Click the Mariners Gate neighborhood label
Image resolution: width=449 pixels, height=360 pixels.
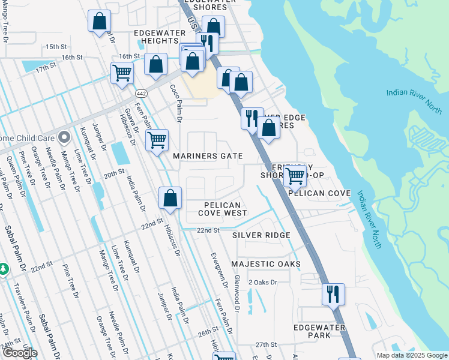(x=208, y=156)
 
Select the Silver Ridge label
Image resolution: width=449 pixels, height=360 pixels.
(x=261, y=235)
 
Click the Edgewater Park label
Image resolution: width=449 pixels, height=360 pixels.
(x=319, y=331)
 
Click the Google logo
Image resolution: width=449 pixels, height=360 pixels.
(x=20, y=353)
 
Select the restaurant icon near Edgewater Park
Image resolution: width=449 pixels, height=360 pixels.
(x=333, y=294)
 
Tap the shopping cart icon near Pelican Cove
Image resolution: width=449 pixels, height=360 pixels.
(x=295, y=176)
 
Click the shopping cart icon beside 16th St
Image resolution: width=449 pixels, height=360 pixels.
(x=122, y=73)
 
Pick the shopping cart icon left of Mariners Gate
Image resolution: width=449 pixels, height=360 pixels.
(x=157, y=140)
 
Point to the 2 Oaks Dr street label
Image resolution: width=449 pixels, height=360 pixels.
(x=263, y=282)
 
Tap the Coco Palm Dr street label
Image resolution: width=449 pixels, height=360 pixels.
(x=175, y=101)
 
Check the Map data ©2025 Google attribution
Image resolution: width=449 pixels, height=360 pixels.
(x=411, y=355)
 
